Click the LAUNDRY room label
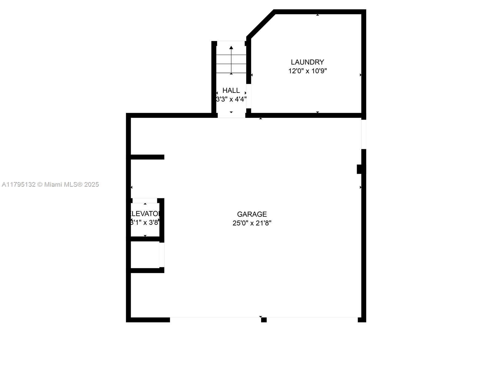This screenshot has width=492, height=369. click(307, 62)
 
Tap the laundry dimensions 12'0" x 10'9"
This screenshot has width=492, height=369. click(307, 71)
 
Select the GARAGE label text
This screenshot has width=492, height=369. click(252, 214)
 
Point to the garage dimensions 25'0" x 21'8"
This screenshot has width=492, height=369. click(252, 223)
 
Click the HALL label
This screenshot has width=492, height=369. click(231, 90)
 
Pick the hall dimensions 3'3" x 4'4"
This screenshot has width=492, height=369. click(231, 99)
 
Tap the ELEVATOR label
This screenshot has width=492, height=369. click(145, 214)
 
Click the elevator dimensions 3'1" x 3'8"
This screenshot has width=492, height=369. click(145, 222)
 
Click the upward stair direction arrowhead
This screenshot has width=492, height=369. click(231, 48)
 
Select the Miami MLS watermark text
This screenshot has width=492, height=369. click(50, 184)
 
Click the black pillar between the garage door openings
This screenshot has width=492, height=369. click(264, 320)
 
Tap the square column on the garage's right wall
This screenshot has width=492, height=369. click(359, 169)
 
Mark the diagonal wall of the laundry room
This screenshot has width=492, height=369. click(260, 24)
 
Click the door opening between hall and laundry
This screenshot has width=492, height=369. click(249, 96)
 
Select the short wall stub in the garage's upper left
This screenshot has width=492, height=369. click(147, 157)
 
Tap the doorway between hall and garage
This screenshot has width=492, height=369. click(231, 115)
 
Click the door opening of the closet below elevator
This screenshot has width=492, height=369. click(162, 255)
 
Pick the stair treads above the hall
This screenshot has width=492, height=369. click(231, 64)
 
